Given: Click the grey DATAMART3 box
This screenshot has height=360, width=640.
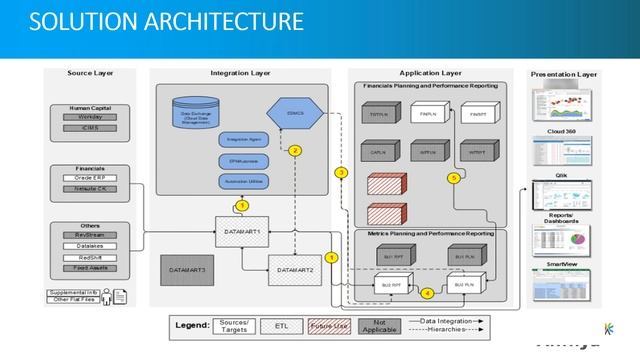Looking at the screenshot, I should tap(187, 269).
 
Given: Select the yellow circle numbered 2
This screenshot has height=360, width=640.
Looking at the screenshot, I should tap(295, 151).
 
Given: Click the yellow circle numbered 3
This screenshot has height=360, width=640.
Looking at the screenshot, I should tap(341, 173).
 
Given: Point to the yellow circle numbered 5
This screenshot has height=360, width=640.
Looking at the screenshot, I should tap(453, 178).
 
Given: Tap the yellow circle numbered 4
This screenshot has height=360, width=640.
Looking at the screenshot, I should tap(427, 293).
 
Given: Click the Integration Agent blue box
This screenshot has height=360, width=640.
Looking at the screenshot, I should tap(236, 141).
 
